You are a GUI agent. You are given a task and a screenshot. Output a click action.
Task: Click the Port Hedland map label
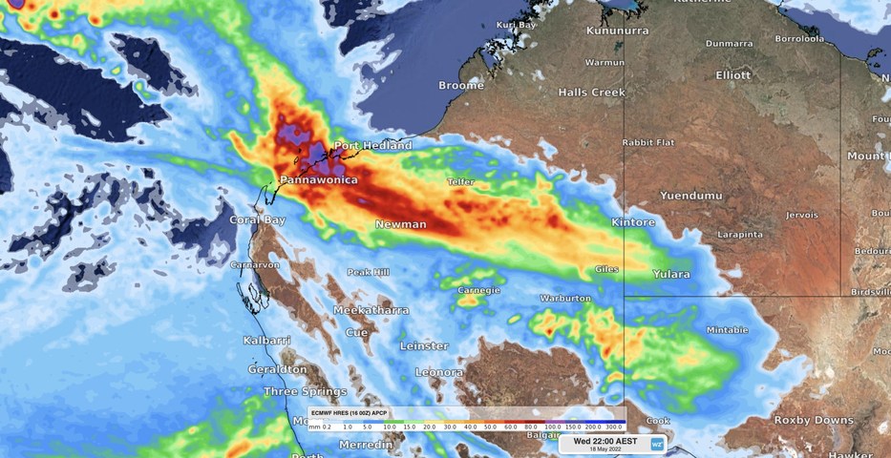click(372, 146)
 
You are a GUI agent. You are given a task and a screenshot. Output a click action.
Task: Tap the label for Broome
click(461, 86)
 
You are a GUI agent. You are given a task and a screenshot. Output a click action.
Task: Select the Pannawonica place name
click(319, 180)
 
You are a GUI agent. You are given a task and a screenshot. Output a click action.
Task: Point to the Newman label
click(400, 225)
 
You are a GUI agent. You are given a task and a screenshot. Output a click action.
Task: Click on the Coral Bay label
click(258, 220)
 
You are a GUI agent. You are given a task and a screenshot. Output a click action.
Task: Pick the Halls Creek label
click(592, 93)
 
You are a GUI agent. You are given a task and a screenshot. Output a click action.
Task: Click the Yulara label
click(671, 275)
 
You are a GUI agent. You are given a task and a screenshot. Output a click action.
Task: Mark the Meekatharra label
click(371, 311)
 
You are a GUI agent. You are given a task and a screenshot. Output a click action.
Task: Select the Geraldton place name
click(277, 369)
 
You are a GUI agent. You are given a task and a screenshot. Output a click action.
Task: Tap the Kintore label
click(633, 223)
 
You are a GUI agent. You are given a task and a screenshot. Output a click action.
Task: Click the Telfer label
click(460, 181)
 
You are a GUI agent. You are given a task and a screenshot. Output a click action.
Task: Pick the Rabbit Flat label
click(648, 143)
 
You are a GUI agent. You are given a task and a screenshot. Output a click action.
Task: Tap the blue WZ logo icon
click(657, 444)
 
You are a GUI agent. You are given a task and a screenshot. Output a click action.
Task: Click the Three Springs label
click(306, 392)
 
